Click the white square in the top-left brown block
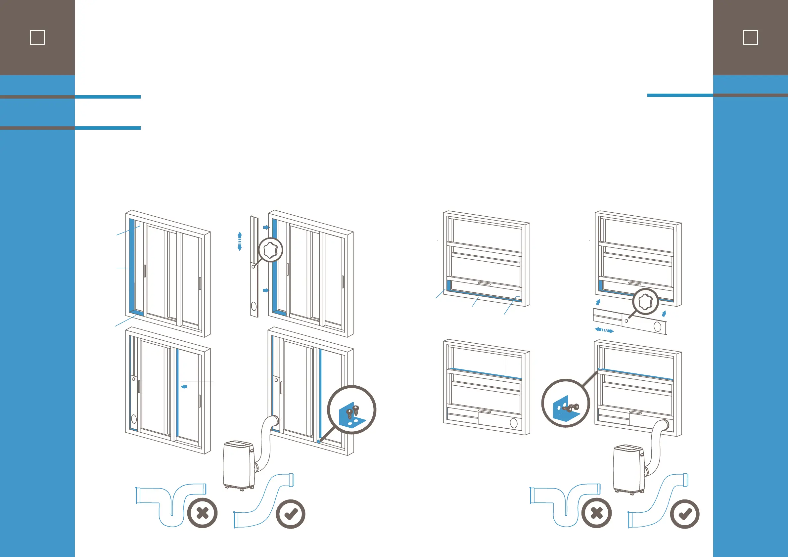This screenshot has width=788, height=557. pyautogui.click(x=37, y=37)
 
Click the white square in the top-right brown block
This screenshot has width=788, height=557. pyautogui.click(x=750, y=37)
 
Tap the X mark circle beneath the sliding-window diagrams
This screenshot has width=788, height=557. pyautogui.click(x=203, y=513)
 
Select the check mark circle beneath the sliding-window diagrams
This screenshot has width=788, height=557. pyautogui.click(x=291, y=514)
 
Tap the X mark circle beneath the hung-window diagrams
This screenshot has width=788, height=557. pyautogui.click(x=596, y=513)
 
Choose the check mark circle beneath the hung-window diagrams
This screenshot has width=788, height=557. pyautogui.click(x=685, y=514)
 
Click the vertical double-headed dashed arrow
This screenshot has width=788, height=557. pyautogui.click(x=240, y=241)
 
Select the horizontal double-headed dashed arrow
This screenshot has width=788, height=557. pyautogui.click(x=604, y=330)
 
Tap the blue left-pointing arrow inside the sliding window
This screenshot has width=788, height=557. pyautogui.click(x=184, y=387)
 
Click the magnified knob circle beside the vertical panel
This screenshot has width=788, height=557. pyautogui.click(x=270, y=250)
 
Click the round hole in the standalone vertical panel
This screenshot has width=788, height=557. pyautogui.click(x=254, y=306)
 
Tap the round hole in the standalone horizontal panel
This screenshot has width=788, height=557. pyautogui.click(x=657, y=326)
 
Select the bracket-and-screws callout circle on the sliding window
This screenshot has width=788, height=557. pyautogui.click(x=351, y=410)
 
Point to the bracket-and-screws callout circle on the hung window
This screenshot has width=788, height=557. pyautogui.click(x=566, y=403)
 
